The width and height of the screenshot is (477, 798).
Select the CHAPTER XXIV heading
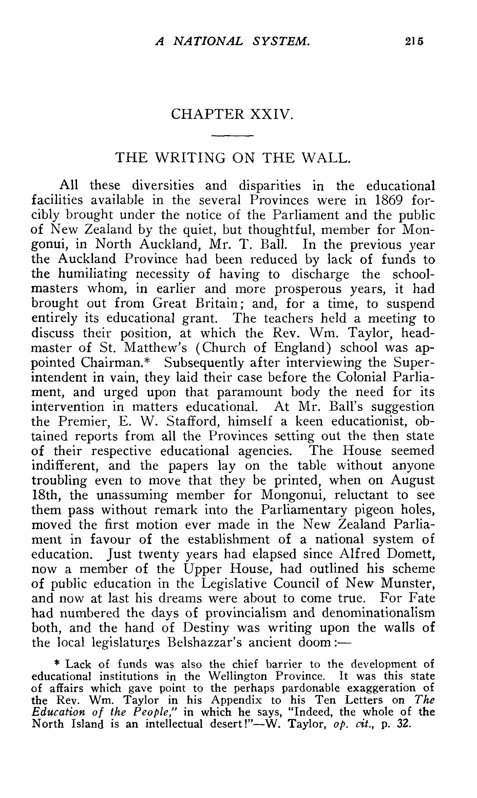232,114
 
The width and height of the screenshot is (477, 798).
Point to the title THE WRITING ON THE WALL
232,158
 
